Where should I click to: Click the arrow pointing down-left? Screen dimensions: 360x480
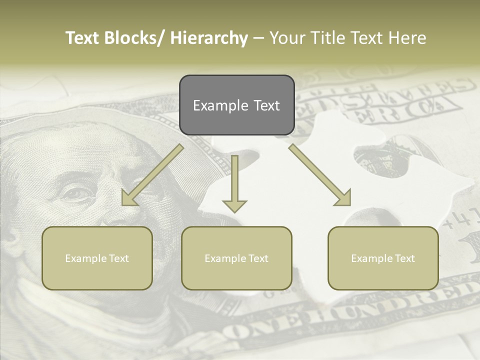coord(152,175)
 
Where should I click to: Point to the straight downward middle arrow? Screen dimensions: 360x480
coord(234,183)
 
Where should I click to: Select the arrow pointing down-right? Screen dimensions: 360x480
coord(320,175)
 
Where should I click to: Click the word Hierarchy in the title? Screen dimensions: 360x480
coord(209,38)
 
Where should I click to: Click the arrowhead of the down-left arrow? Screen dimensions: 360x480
coord(128,198)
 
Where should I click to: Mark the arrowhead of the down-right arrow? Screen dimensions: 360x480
coord(344,198)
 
